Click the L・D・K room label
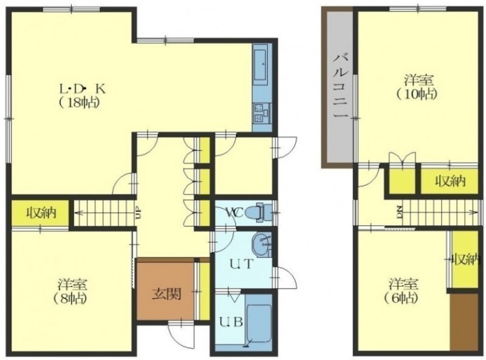(83, 89)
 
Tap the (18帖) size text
(80, 102)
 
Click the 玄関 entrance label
(166, 294)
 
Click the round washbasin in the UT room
(262, 245)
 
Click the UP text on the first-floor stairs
(139, 214)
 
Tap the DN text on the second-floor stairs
(399, 212)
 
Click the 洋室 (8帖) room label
(72, 291)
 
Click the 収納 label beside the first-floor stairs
(40, 213)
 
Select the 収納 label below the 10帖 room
(450, 181)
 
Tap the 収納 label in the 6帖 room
(465, 260)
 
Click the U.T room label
(242, 264)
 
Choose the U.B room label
(231, 322)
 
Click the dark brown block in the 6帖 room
(464, 322)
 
